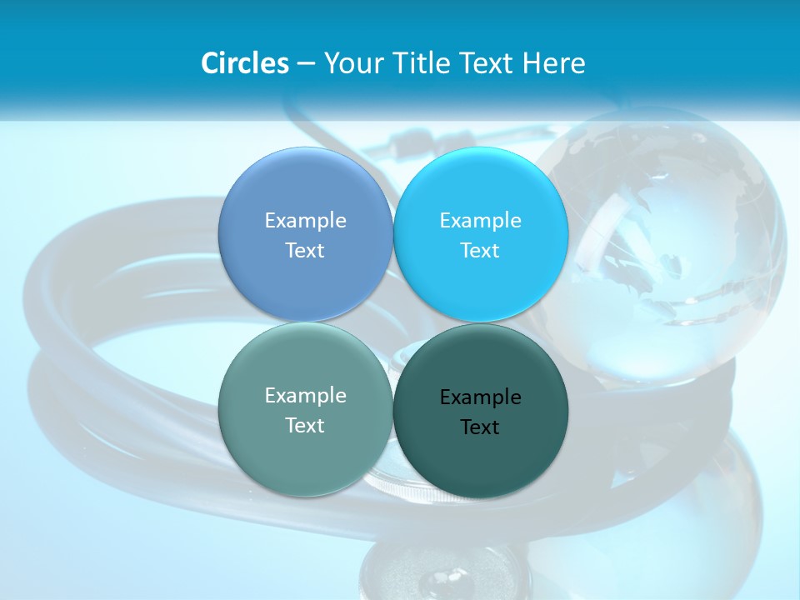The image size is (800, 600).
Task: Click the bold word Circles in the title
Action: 245,63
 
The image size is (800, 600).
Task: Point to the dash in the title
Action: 306,64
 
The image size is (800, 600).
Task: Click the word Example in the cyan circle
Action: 480,221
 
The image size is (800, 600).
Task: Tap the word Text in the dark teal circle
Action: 480,427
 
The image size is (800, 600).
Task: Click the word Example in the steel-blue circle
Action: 305,221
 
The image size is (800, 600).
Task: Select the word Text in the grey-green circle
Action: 305,426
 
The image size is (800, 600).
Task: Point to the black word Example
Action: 480,397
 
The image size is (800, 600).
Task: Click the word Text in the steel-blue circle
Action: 305,251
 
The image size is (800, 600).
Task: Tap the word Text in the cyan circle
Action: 480,251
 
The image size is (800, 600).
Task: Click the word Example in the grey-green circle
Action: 305,396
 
